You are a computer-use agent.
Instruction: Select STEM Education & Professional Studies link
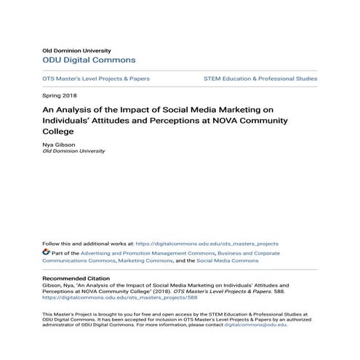pos(260,78)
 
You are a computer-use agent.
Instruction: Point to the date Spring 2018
pos(60,95)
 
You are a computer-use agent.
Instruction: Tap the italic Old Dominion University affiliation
pos(74,151)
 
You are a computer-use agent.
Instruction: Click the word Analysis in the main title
pos(78,108)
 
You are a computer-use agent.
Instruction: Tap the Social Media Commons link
pos(227,260)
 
